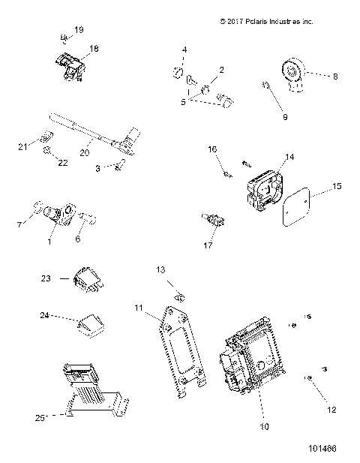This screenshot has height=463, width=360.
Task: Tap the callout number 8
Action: [x=335, y=76]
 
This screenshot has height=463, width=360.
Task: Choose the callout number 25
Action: [x=43, y=415]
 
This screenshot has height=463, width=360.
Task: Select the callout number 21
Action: [x=21, y=146]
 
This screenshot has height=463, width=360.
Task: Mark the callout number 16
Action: [x=212, y=150]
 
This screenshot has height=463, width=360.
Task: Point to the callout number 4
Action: [x=184, y=50]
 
